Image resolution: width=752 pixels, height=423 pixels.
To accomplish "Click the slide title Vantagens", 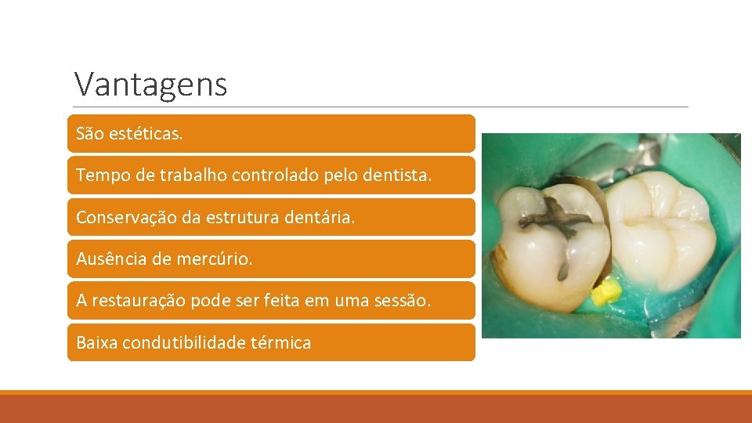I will coord(150,84).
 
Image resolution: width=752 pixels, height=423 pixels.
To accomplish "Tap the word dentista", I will coord(397,175).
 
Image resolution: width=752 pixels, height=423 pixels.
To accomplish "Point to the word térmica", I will coord(282,342).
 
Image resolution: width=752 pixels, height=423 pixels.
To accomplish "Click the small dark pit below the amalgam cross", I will coord(562,270).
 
